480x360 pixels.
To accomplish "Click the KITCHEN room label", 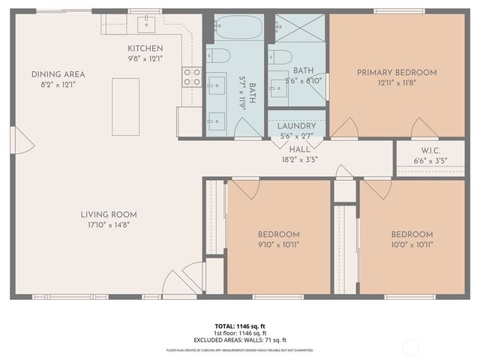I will tap(145, 48).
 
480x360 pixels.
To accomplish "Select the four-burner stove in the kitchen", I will tap(191, 76).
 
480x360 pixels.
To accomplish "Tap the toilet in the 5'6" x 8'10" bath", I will tap(281, 57).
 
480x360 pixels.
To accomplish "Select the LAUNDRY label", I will tap(296, 127).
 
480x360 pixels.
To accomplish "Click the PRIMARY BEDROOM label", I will tap(396, 72).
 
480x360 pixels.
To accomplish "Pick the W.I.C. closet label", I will tap(430, 150).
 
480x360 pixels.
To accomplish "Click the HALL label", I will tap(300, 148).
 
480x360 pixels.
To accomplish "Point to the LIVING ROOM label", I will tap(109, 214).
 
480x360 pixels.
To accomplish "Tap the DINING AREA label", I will tap(58, 74).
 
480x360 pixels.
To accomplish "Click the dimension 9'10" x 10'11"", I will tap(279, 244).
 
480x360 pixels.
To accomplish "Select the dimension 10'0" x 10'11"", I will tap(411, 244).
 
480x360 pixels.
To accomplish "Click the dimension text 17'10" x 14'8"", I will tap(109, 224).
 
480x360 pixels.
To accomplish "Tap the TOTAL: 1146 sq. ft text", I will tap(240, 326).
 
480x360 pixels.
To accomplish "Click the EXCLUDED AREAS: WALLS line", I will tap(240, 340).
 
